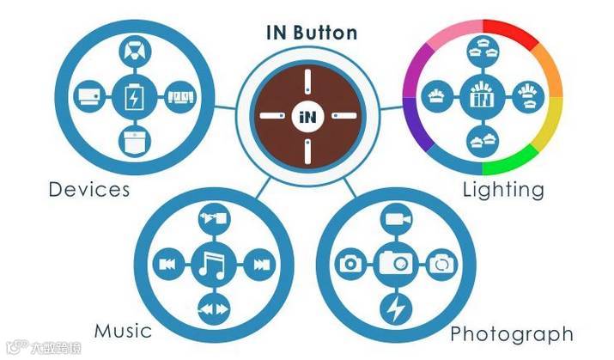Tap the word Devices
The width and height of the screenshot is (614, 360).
[x=89, y=189]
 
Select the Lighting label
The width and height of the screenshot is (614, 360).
[x=503, y=189]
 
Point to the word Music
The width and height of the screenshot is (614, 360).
[x=123, y=331]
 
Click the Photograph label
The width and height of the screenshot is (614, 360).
[x=512, y=333]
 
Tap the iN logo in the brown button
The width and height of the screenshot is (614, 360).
[x=307, y=115]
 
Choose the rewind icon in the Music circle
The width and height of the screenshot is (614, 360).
[x=163, y=263]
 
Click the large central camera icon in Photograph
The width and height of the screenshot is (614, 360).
[x=396, y=262]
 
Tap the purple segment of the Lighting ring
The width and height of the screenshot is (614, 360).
[x=413, y=120]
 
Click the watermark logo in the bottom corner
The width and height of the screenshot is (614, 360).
[x=16, y=348]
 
